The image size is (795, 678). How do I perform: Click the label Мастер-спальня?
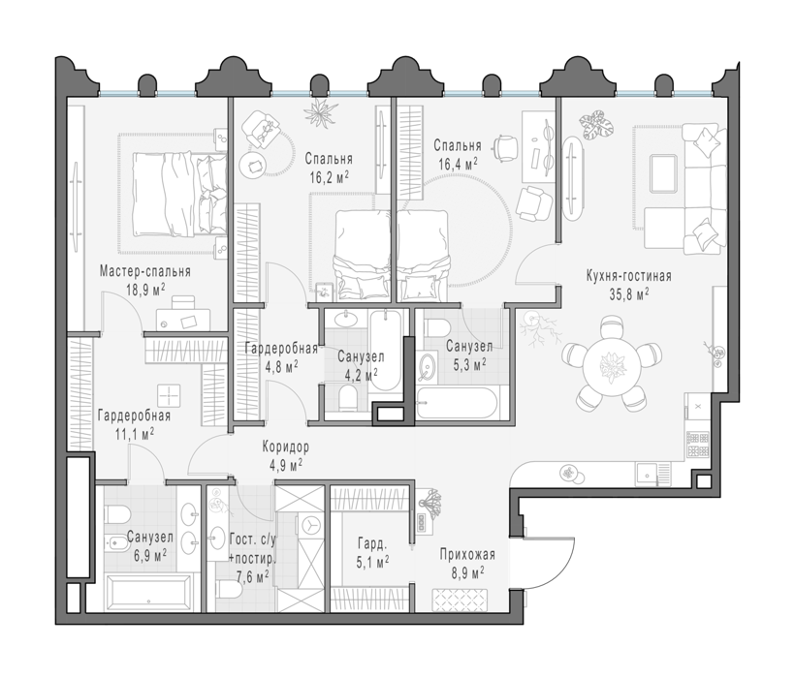tap(145, 271)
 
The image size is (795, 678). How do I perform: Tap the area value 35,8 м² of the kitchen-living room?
tap(629, 294)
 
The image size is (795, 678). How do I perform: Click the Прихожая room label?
tap(467, 555)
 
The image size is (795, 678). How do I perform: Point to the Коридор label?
tap(285, 447)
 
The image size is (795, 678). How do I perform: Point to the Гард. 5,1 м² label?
tap(373, 552)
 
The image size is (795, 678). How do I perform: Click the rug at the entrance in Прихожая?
tap(460, 601)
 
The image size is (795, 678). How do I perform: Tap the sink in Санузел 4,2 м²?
tap(346, 319)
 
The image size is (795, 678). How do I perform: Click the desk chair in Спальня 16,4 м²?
tap(504, 148)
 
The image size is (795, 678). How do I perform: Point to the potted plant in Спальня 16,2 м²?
tap(321, 111)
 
